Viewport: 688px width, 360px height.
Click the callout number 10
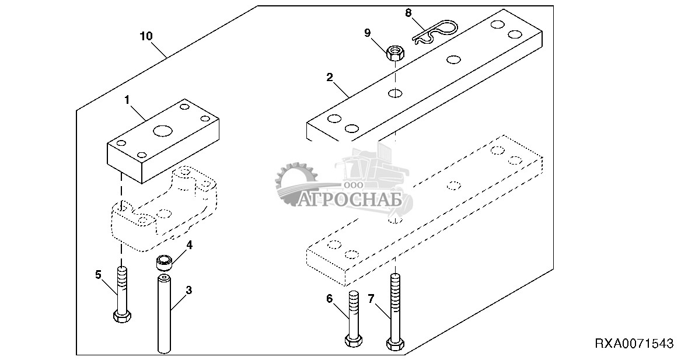pos(146,36)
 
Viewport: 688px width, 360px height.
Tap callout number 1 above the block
pos(126,100)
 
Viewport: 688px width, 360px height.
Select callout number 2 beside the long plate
pos(330,76)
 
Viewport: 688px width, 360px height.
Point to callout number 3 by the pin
pos(188,289)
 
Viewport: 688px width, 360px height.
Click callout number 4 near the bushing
pos(189,245)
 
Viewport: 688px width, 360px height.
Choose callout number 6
pos(329,299)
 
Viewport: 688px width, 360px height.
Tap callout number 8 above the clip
pos(407,12)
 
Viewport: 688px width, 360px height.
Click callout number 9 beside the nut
pos(367,33)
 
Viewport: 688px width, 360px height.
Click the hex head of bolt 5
pos(121,317)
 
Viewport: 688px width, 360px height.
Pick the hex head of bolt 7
pos(394,343)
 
